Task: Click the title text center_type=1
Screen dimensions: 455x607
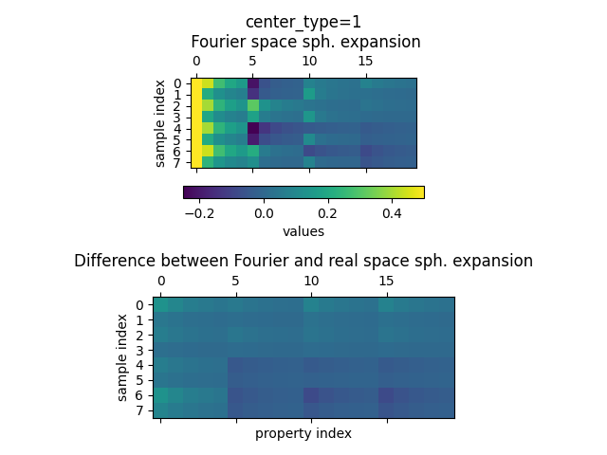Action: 303,22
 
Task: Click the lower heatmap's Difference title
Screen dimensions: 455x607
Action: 303,261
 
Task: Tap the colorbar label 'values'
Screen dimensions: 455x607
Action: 303,231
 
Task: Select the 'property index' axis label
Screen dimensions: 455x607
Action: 303,433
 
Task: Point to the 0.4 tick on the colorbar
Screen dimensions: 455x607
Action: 392,213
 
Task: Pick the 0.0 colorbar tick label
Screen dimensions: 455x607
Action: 264,213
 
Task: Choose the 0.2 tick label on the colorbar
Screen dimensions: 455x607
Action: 328,213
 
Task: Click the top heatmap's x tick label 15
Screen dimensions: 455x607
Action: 366,62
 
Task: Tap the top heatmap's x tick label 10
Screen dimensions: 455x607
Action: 309,62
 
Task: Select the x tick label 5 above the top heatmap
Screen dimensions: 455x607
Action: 253,62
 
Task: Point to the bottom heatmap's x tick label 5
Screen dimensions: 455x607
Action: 236,281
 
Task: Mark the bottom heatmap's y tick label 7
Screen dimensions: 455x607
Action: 138,409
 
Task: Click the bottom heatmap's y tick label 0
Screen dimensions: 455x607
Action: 138,305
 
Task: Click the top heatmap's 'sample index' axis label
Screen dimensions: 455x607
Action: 160,123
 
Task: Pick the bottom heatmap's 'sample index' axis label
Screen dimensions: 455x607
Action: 122,357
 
